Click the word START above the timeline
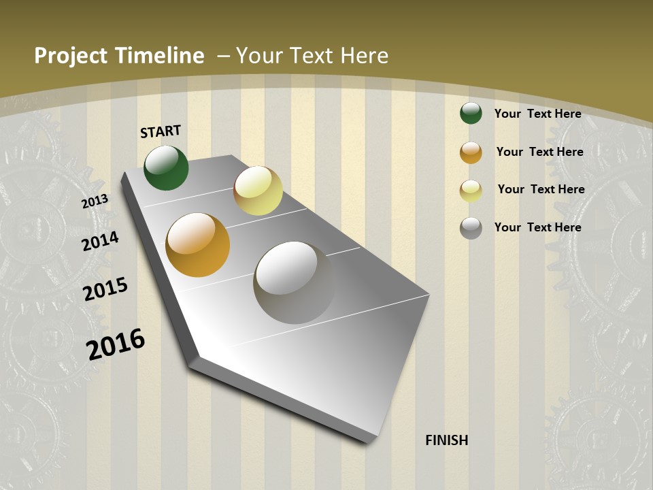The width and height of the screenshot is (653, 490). click(161, 131)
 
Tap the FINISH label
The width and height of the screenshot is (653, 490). click(446, 440)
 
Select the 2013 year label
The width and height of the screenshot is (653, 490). click(95, 201)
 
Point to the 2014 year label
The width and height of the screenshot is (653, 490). click(101, 241)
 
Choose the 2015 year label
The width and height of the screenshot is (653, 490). click(105, 289)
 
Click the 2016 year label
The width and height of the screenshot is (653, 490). click(116, 344)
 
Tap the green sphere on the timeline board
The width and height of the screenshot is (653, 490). click(166, 167)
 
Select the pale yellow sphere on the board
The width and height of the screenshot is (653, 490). click(258, 191)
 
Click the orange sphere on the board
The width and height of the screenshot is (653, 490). click(197, 245)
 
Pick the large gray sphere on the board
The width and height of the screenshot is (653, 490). click(294, 282)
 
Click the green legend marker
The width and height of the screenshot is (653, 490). click(471, 113)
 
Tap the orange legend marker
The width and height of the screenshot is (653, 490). click(471, 152)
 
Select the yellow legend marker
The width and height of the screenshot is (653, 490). click(471, 191)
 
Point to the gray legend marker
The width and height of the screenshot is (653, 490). click(471, 228)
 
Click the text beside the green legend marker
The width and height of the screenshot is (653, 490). click(537, 114)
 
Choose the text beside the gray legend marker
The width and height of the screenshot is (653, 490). click(537, 227)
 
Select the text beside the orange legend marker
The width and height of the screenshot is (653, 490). click(539, 152)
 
